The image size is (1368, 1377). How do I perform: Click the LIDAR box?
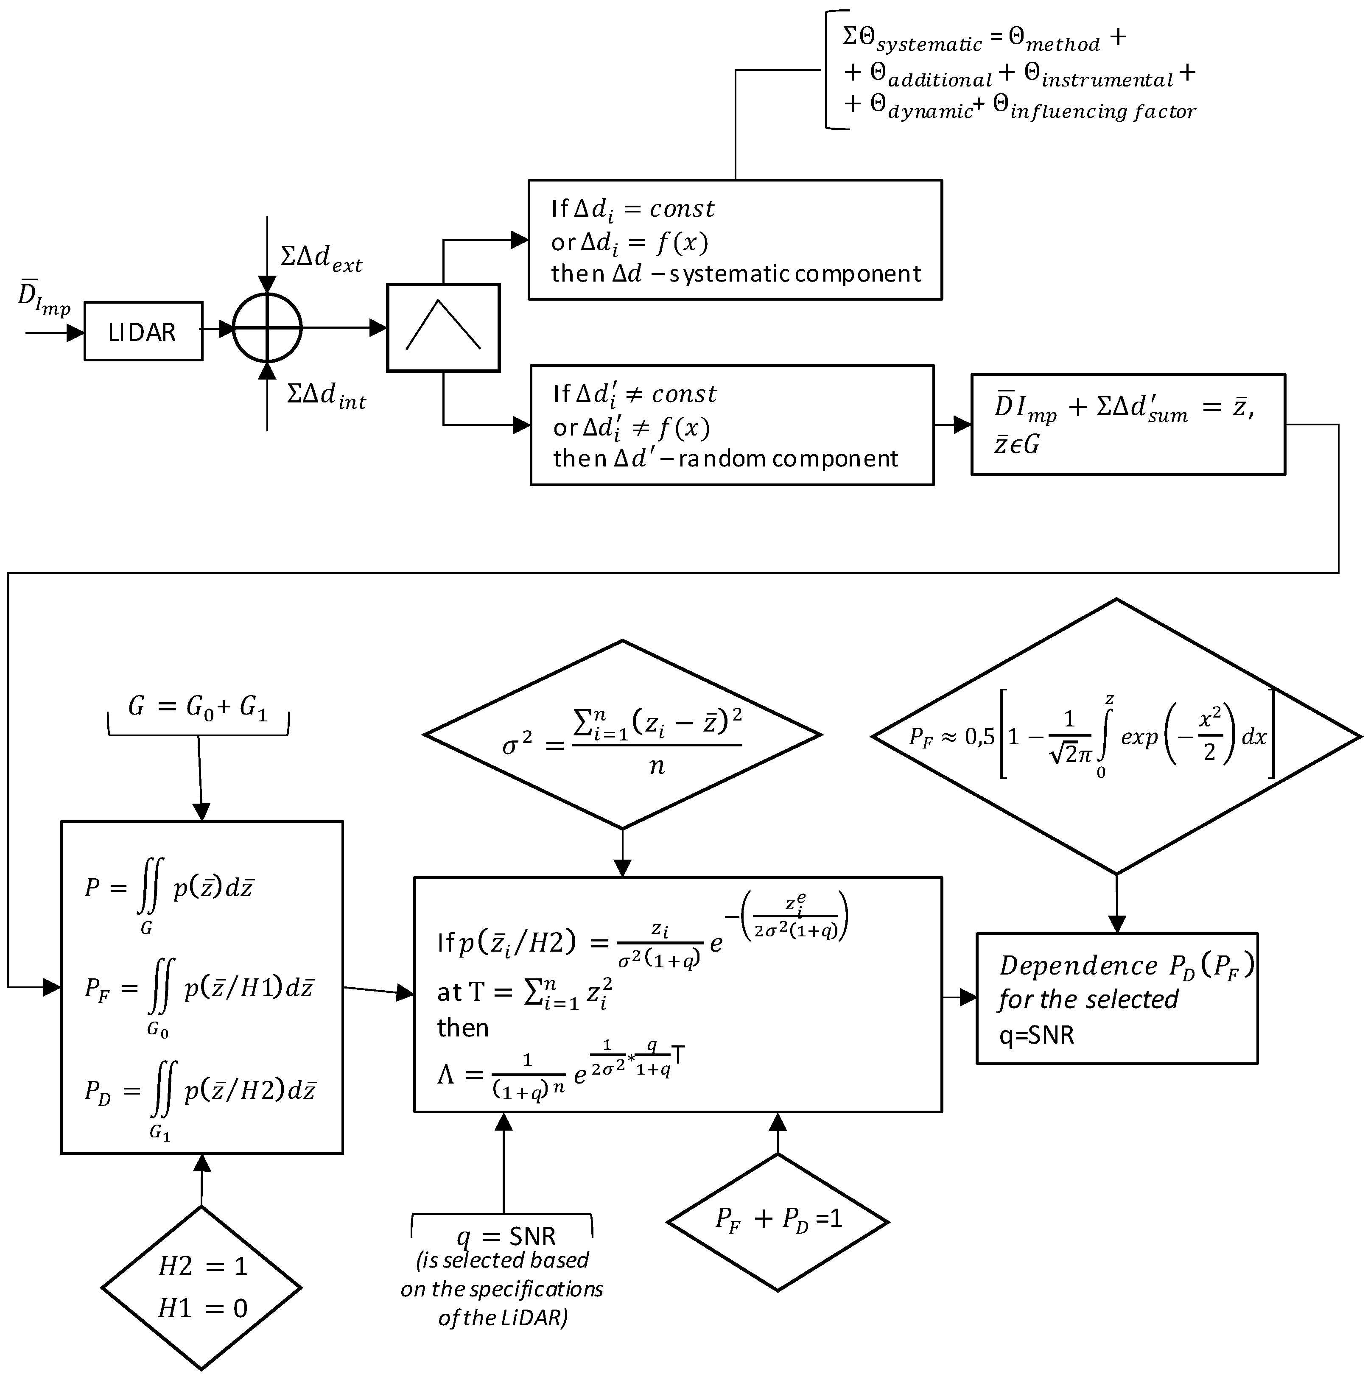click(143, 331)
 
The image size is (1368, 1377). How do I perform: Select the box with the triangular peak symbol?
click(443, 328)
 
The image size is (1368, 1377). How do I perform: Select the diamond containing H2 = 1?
click(202, 1288)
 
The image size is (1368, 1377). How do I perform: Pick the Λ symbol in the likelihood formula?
click(446, 1074)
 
